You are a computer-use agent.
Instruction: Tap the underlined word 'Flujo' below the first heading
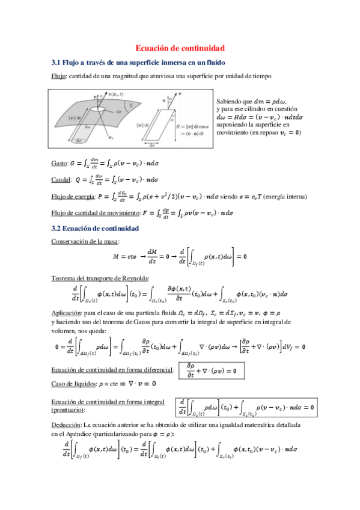pos(58,76)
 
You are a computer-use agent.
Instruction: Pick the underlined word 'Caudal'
pos(61,179)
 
